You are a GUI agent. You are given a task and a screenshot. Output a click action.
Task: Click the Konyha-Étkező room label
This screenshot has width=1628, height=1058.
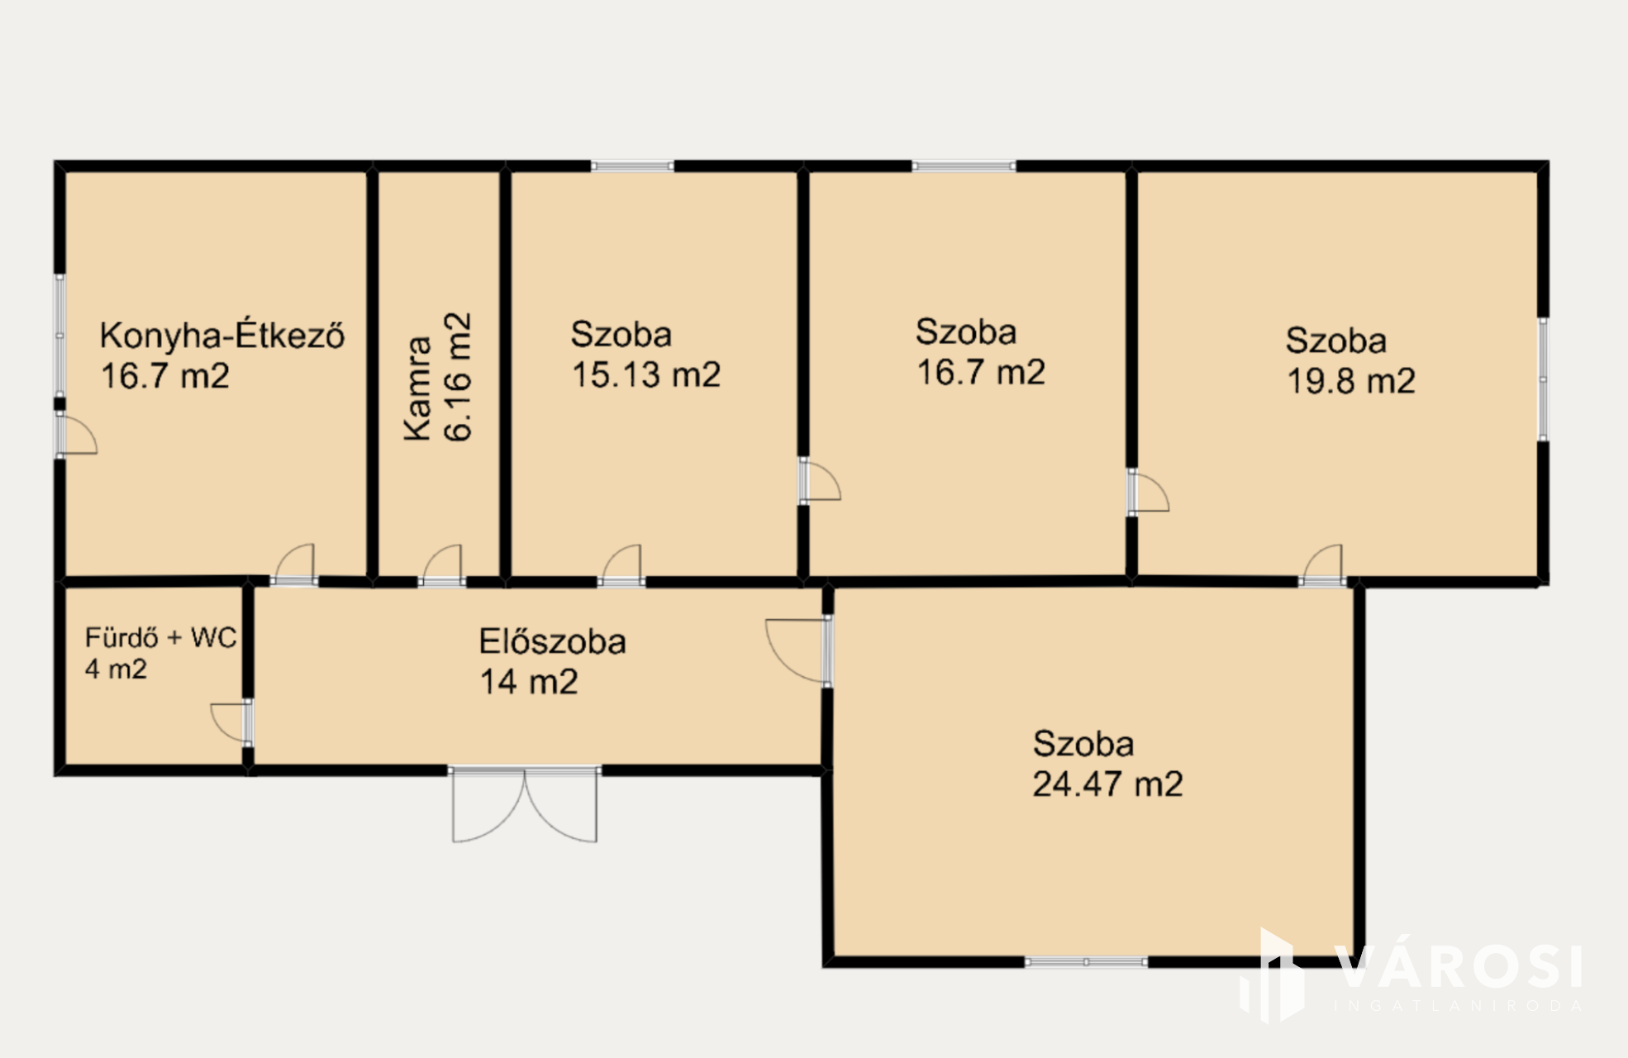(x=221, y=336)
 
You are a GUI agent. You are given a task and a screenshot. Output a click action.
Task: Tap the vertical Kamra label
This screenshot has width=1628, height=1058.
(x=418, y=388)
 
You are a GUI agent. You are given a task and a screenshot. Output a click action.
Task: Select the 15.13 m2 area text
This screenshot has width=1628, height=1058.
(x=646, y=374)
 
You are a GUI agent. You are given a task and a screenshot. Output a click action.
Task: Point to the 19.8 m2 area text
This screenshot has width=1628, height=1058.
(x=1351, y=381)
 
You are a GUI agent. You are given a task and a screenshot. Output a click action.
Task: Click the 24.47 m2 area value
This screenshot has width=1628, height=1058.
(x=1107, y=784)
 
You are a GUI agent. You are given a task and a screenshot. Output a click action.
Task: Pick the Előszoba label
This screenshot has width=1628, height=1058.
(x=552, y=641)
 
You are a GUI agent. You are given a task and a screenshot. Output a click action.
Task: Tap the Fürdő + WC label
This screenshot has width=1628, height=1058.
(x=160, y=637)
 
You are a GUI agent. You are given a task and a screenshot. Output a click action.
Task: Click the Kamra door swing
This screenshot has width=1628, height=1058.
(x=442, y=565)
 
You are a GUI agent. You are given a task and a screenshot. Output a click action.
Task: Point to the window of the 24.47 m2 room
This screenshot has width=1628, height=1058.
(x=1086, y=961)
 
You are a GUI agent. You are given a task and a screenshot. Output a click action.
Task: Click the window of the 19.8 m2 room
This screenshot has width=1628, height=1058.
(x=1542, y=379)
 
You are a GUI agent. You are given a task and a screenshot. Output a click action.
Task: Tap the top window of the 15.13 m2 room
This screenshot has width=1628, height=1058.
(x=632, y=166)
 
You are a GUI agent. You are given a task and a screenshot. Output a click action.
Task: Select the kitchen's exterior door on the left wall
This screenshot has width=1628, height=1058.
(x=76, y=434)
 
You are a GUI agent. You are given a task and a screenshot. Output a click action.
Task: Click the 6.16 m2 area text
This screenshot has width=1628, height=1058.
(x=458, y=377)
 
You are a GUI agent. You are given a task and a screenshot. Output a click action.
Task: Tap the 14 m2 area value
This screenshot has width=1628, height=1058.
(x=529, y=682)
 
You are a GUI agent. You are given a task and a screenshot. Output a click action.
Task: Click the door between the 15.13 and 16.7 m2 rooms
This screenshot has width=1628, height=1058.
(x=820, y=481)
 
